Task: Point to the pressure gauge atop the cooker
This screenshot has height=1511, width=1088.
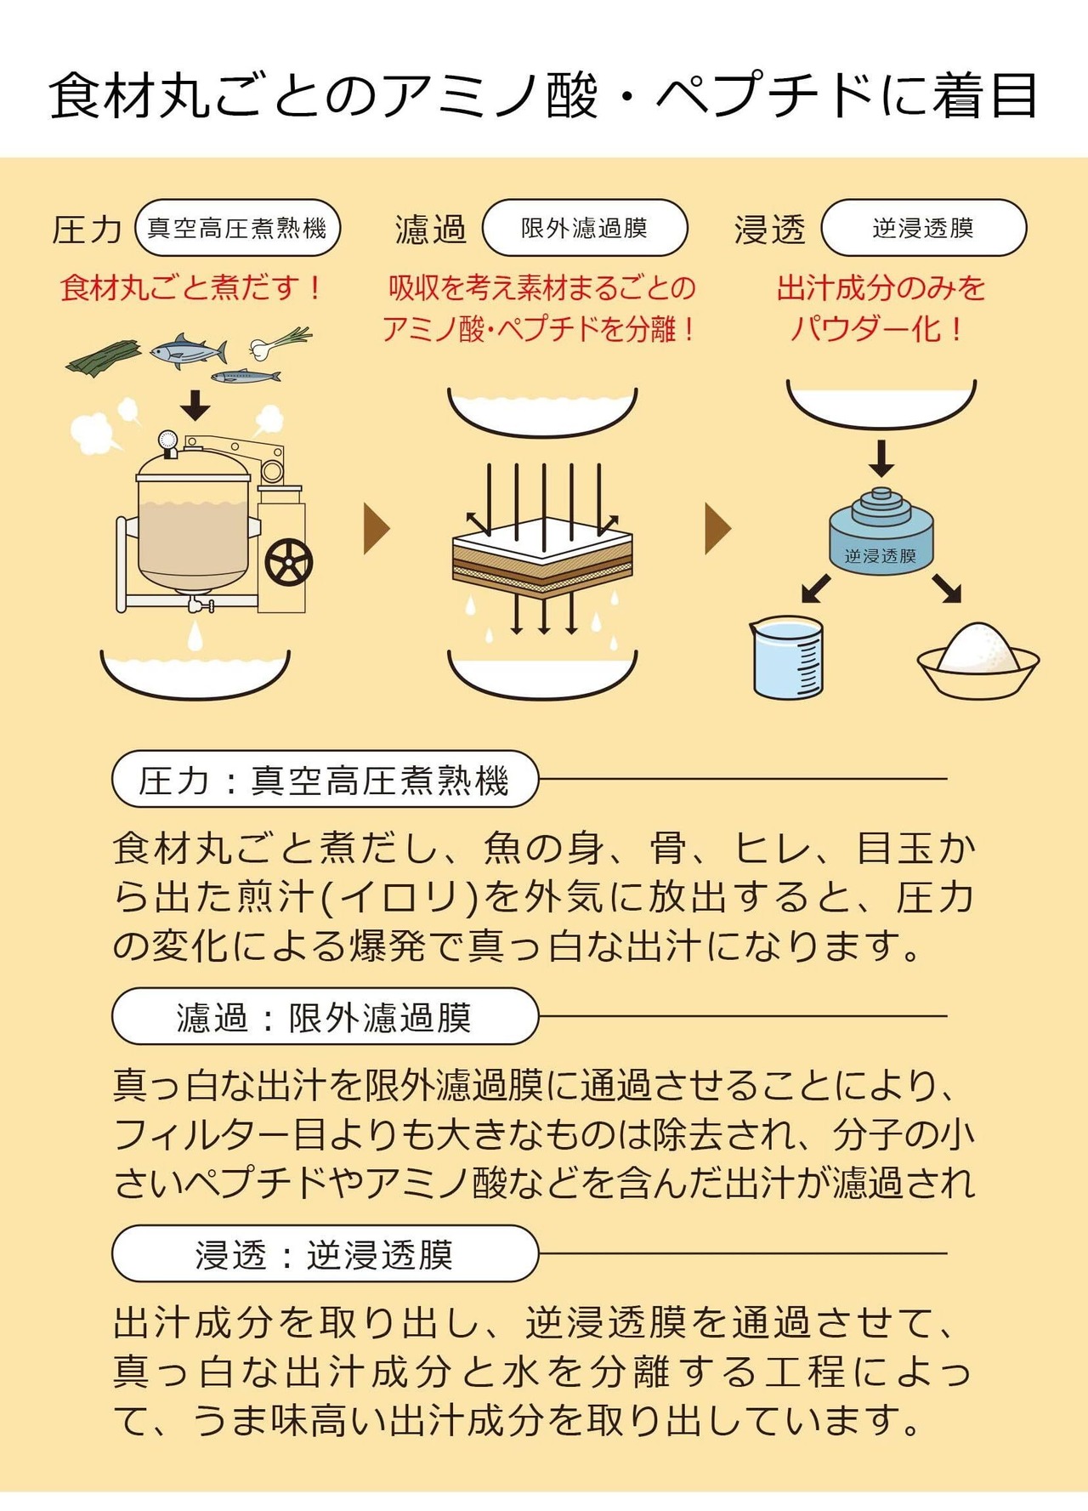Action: point(167,441)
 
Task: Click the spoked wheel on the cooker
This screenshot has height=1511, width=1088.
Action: point(289,562)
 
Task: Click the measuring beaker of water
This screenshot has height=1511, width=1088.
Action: point(788,657)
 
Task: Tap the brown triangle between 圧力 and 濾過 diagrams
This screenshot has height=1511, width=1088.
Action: point(376,528)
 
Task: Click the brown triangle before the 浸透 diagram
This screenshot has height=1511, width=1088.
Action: point(717,528)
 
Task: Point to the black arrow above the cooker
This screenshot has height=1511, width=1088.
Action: point(195,405)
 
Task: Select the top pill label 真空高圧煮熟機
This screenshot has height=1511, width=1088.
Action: point(237,228)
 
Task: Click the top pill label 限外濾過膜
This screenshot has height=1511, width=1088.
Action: point(584,228)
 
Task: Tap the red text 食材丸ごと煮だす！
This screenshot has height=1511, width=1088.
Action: point(192,287)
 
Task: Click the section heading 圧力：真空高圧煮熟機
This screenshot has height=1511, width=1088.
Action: point(325,779)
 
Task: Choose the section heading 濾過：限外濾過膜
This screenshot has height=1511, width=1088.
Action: point(325,1016)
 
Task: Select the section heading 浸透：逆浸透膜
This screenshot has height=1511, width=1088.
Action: point(325,1253)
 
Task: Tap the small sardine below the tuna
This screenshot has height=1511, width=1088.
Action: point(245,376)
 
